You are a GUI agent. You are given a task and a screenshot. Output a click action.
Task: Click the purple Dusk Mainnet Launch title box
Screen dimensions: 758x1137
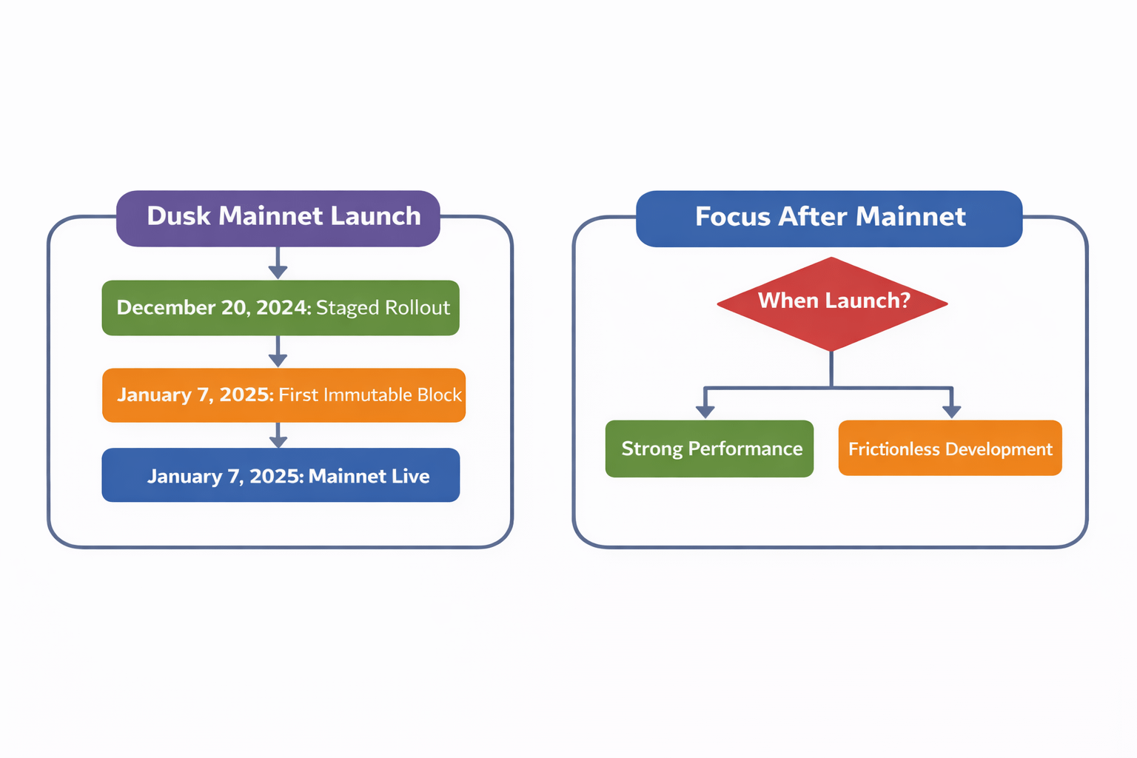click(x=278, y=218)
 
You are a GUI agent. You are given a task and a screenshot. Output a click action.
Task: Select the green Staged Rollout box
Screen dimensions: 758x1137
click(x=281, y=308)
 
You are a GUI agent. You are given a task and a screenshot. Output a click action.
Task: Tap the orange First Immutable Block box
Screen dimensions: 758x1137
click(x=284, y=395)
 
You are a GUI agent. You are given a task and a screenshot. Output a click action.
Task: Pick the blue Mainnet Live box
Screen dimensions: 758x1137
click(x=281, y=475)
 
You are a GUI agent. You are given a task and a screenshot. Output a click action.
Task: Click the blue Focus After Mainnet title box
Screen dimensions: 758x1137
click(x=829, y=218)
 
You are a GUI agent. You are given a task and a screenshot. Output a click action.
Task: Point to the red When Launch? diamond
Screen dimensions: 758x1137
click(x=832, y=303)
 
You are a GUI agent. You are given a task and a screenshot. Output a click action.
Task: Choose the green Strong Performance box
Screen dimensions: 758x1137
click(x=709, y=449)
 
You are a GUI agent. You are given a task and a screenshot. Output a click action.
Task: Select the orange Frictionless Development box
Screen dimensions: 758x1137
click(x=950, y=449)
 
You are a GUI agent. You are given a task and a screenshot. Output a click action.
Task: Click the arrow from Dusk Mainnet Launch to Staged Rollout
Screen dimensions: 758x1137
click(x=278, y=264)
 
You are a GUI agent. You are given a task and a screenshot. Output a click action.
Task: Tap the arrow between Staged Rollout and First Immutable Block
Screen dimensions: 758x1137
click(x=278, y=352)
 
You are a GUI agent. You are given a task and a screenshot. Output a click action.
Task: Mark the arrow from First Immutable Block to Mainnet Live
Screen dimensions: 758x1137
click(x=278, y=435)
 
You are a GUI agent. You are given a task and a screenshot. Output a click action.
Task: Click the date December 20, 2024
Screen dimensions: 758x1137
click(x=213, y=308)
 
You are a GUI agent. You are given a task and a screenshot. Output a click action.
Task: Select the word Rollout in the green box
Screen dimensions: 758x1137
click(x=417, y=308)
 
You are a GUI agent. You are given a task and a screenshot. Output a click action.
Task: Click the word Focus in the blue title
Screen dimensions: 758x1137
click(x=731, y=217)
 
